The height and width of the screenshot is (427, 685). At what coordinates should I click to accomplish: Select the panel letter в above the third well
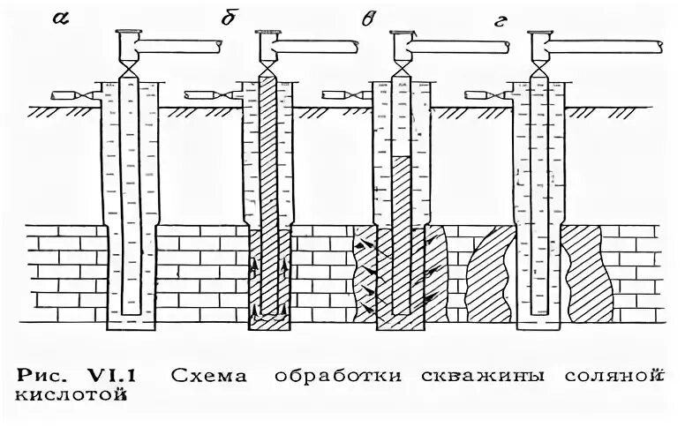pyautogui.click(x=367, y=18)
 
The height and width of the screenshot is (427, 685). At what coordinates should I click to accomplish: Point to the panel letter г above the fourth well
pyautogui.click(x=500, y=19)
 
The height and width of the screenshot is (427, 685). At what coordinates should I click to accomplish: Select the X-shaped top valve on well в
pyautogui.click(x=402, y=65)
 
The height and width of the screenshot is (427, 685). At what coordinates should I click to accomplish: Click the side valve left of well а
pyautogui.click(x=78, y=94)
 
